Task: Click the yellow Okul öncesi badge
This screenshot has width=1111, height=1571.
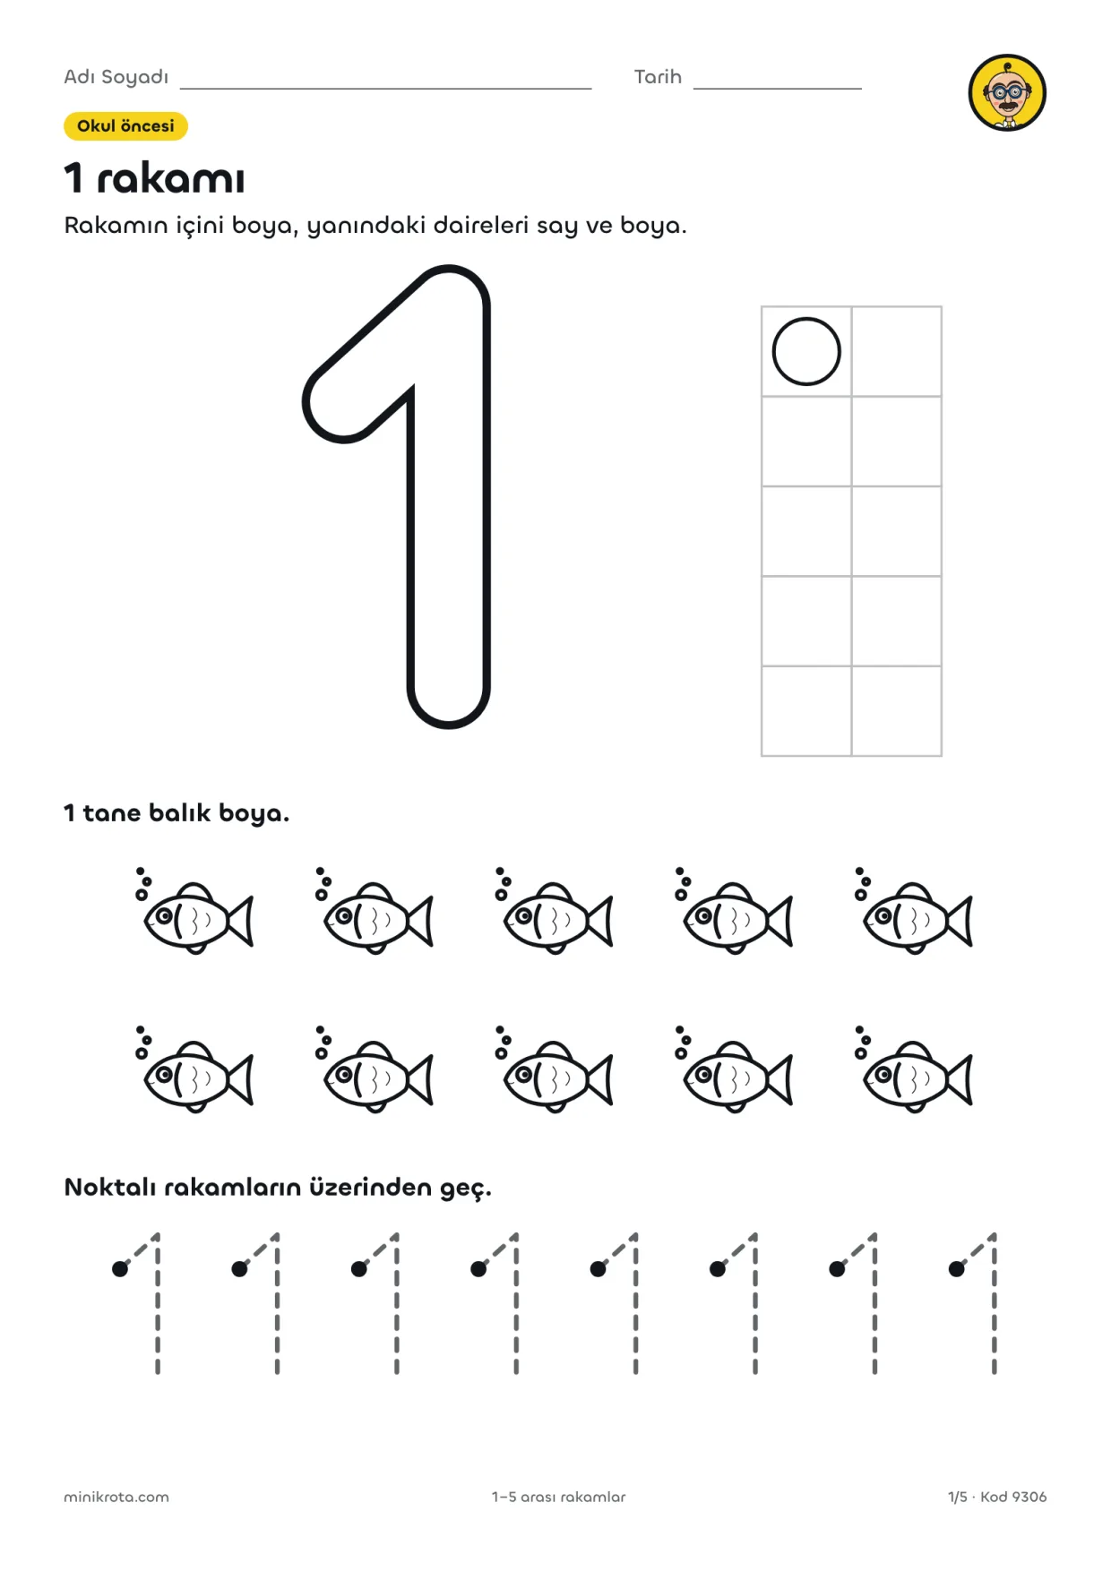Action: click(125, 126)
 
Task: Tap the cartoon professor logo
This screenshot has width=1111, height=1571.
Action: click(1007, 92)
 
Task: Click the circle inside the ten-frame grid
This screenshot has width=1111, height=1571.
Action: click(806, 351)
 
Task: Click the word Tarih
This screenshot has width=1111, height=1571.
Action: click(658, 77)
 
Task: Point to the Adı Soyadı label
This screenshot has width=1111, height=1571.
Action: click(116, 77)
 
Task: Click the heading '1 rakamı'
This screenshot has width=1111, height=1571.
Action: click(154, 177)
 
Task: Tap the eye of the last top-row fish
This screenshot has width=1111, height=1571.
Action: click(883, 915)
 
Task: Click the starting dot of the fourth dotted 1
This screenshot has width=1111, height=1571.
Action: click(478, 1268)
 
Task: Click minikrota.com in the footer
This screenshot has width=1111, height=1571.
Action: click(116, 1497)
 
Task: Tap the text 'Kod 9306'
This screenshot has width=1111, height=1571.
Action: click(1013, 1497)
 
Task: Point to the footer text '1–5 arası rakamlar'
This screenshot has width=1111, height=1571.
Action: click(558, 1497)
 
